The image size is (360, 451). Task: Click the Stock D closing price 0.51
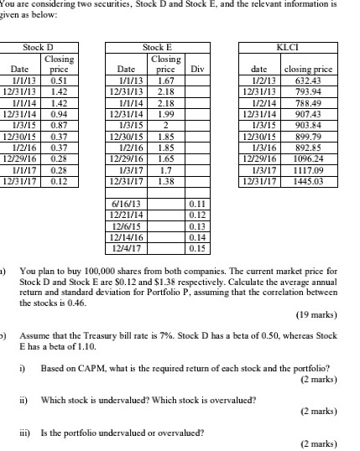click(58, 80)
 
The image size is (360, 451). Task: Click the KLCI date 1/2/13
click(266, 80)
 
